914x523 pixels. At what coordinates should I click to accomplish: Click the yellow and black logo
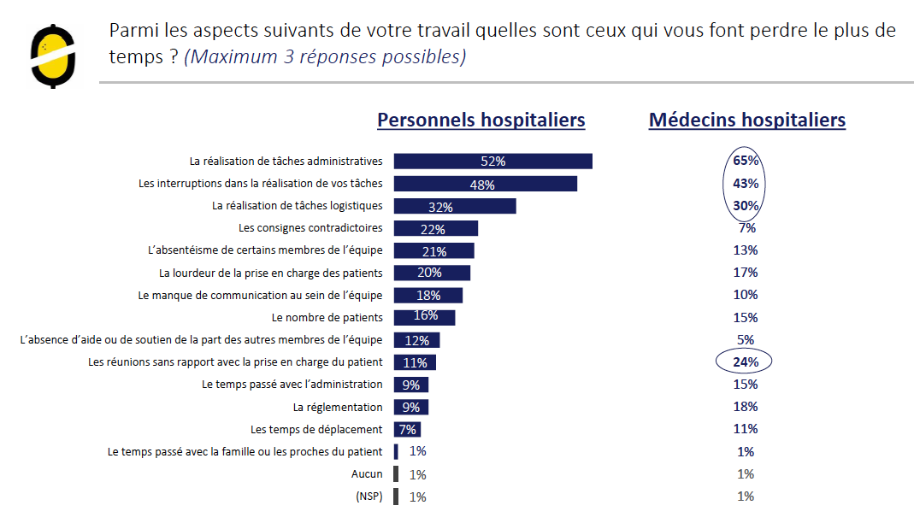[x=53, y=56]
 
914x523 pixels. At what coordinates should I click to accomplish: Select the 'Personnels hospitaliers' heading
[x=481, y=120]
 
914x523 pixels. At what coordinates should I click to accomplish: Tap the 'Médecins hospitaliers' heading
[x=746, y=120]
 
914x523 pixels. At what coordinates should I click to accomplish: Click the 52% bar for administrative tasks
[x=493, y=162]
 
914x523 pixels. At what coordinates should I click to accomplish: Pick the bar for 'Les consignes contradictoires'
[x=436, y=228]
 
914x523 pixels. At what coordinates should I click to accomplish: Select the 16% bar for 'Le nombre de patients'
[x=425, y=317]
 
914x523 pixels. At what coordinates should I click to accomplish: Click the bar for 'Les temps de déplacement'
[x=408, y=429]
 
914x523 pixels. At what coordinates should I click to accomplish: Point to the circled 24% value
[x=744, y=361]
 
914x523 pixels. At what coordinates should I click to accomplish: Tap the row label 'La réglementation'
[x=338, y=408]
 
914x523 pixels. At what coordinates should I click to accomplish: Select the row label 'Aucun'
[x=367, y=474]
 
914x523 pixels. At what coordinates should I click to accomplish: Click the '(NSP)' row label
[x=368, y=497]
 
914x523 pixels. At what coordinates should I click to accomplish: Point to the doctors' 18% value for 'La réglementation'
[x=746, y=407]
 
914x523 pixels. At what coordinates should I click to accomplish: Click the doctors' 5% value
[x=746, y=339]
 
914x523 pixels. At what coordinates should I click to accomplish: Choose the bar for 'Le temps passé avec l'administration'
[x=412, y=385]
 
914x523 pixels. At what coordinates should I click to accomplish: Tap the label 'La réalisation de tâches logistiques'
[x=297, y=206]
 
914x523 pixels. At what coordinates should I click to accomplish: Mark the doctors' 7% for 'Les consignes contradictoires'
[x=746, y=228]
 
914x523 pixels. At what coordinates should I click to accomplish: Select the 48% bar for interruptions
[x=486, y=184]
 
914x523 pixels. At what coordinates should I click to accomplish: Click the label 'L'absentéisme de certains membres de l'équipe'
[x=265, y=250]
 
